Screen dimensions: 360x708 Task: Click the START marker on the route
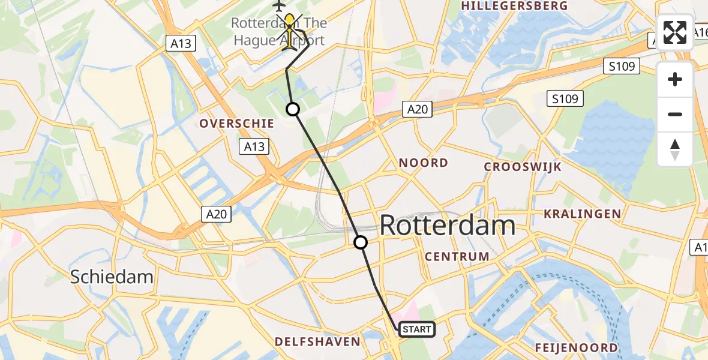(x=416, y=329)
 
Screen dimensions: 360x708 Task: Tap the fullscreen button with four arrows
(x=675, y=32)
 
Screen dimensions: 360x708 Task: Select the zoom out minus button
(x=675, y=114)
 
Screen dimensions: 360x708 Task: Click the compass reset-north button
(x=675, y=149)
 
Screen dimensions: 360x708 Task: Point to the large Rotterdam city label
(x=448, y=226)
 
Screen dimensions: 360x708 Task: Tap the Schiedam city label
(x=112, y=277)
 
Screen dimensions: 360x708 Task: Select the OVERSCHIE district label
(x=236, y=124)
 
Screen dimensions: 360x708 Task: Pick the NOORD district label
(x=424, y=163)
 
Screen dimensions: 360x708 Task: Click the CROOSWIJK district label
(x=523, y=167)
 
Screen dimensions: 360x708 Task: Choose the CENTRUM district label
(x=457, y=257)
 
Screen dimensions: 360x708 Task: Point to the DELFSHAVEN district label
(x=317, y=342)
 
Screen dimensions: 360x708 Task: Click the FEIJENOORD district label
(x=577, y=347)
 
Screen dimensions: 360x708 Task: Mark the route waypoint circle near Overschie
(x=292, y=109)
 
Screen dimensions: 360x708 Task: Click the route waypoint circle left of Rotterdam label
(x=361, y=242)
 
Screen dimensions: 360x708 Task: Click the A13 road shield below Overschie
(x=254, y=146)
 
